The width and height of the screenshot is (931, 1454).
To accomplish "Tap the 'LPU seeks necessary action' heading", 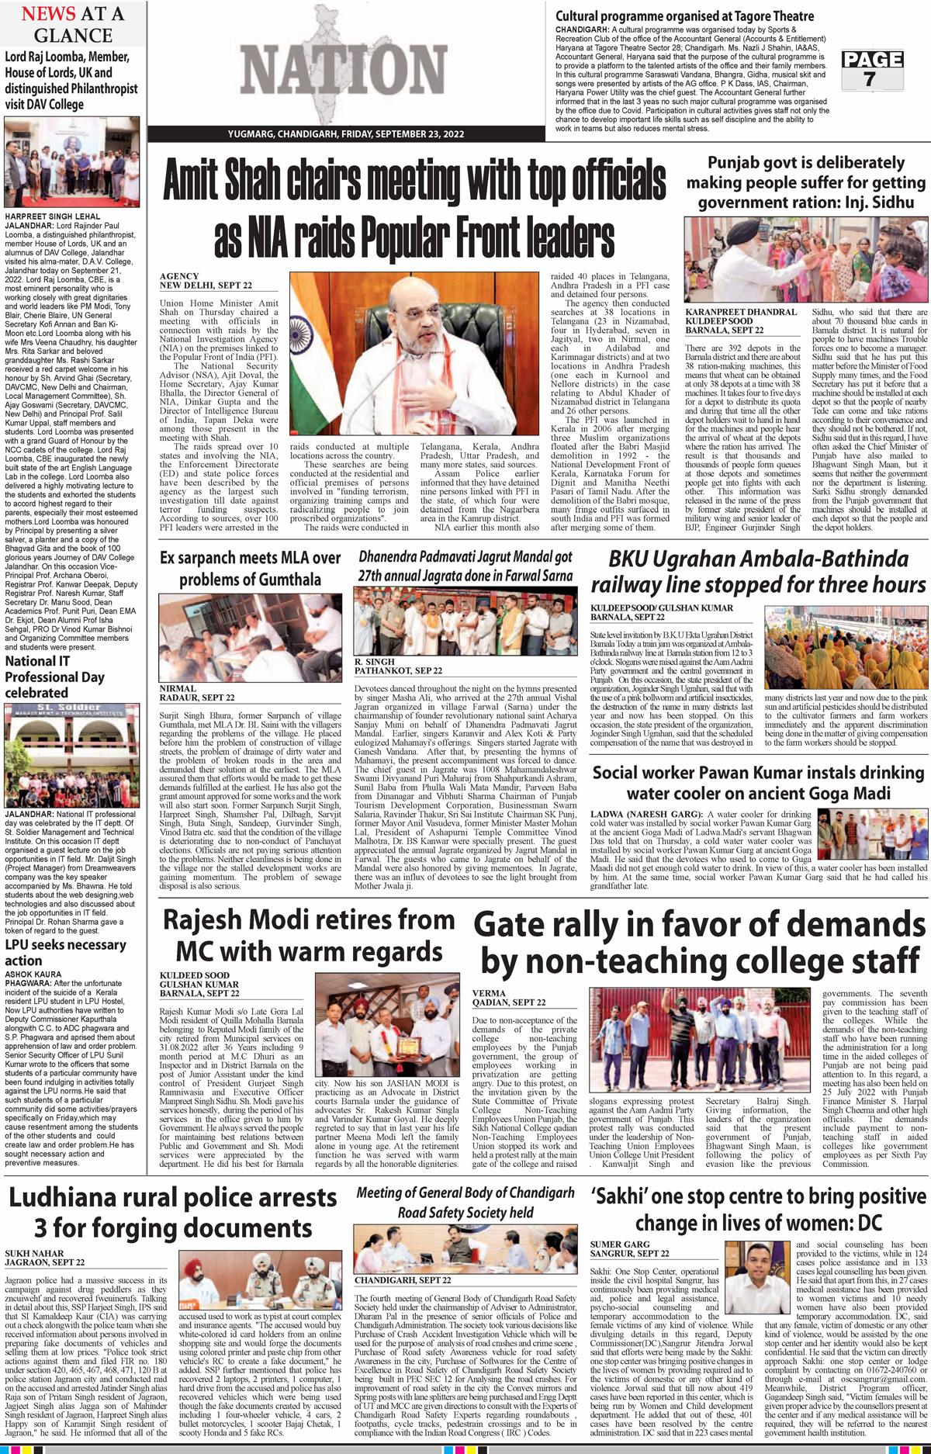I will [x=65, y=952].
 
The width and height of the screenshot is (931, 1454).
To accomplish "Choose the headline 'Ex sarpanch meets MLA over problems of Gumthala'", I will [x=251, y=569].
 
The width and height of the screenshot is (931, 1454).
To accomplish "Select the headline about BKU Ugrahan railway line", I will [x=758, y=571].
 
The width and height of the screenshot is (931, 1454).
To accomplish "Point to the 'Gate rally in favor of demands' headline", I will [x=699, y=942].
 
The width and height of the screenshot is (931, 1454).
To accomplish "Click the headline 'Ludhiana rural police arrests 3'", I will [x=173, y=1211].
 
